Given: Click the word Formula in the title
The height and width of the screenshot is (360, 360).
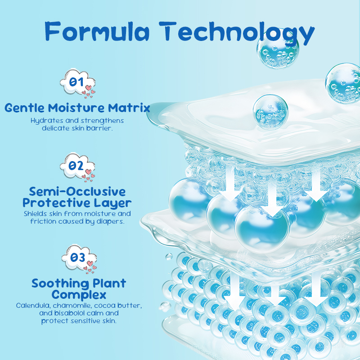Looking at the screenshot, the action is click(97, 31).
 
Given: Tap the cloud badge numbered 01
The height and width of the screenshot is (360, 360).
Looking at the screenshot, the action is click(77, 83).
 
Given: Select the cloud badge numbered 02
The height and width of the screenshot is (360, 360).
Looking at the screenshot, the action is click(77, 167).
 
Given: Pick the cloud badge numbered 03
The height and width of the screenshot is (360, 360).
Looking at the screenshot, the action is click(79, 259).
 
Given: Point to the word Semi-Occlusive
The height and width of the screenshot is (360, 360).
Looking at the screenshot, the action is click(77, 192).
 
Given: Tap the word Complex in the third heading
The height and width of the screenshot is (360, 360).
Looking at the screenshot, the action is click(79, 295).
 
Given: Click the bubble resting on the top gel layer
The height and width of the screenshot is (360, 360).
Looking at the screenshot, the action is click(270, 112).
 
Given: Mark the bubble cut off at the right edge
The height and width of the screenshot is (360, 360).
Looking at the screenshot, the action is click(343, 83).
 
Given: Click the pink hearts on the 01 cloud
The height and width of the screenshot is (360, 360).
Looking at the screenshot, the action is click(89, 91).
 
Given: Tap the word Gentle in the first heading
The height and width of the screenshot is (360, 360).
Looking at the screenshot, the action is click(24, 108).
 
